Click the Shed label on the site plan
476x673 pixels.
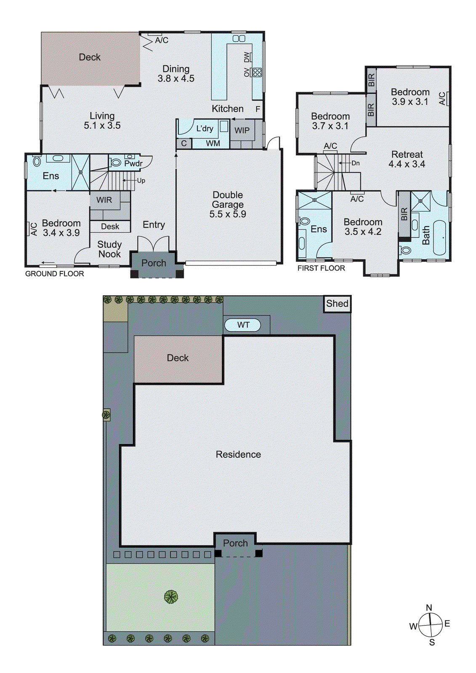(x=337, y=304)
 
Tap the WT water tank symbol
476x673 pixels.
(x=243, y=325)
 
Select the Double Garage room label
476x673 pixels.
(x=228, y=204)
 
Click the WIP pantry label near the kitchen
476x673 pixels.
(x=242, y=130)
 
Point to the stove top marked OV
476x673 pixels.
(x=257, y=72)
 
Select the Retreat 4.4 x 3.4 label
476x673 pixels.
(x=407, y=159)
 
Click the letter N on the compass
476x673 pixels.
(x=429, y=607)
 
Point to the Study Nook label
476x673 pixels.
(x=109, y=249)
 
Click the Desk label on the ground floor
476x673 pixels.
(x=110, y=227)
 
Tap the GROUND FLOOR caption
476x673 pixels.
(x=55, y=274)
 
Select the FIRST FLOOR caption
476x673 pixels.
(x=321, y=268)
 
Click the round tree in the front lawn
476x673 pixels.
(x=171, y=596)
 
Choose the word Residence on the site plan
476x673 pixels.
(x=238, y=455)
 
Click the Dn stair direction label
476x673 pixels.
(x=356, y=163)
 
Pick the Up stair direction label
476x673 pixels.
(x=141, y=180)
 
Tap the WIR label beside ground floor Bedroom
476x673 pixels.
(x=104, y=200)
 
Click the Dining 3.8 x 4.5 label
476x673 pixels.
(x=176, y=74)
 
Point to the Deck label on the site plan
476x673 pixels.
(x=178, y=358)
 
